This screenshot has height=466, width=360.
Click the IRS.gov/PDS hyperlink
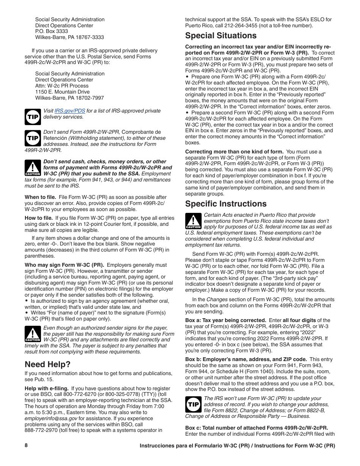pos(70,111)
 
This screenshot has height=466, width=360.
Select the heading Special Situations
pos(221,36)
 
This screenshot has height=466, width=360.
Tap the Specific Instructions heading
pos(226,204)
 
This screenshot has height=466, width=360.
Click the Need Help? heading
pos(47,364)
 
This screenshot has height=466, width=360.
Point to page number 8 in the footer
pos(26,446)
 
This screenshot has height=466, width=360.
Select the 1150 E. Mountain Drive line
pos(63,92)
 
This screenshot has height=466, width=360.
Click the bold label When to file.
pos(41,197)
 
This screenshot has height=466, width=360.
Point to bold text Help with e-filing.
pos(47,389)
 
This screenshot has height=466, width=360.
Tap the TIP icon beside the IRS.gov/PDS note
pos(33,117)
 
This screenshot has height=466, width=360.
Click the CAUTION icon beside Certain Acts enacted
pos(193,221)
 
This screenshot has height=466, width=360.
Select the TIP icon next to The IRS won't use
pos(193,404)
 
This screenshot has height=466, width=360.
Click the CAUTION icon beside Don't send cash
pos(33,168)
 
